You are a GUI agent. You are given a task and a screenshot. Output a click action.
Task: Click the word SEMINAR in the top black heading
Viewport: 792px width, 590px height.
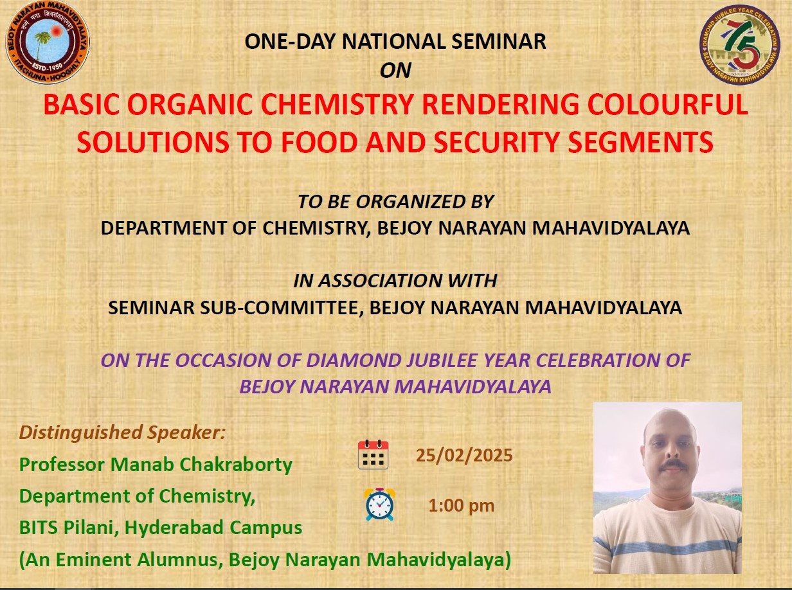point(498,41)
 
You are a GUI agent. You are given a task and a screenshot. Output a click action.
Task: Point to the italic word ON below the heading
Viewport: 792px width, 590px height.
point(395,70)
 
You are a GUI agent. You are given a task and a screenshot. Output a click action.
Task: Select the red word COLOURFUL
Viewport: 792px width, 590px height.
point(667,104)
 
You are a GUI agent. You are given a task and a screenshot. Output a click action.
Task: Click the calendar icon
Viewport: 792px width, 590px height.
point(373,454)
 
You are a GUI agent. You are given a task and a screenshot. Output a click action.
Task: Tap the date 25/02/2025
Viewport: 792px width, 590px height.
point(464,456)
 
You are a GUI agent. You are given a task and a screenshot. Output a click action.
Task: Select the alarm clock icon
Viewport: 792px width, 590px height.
point(379,504)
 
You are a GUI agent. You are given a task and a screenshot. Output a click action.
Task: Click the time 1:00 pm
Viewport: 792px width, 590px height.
point(462,506)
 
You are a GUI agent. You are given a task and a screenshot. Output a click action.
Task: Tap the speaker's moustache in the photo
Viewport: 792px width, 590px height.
point(672,464)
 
